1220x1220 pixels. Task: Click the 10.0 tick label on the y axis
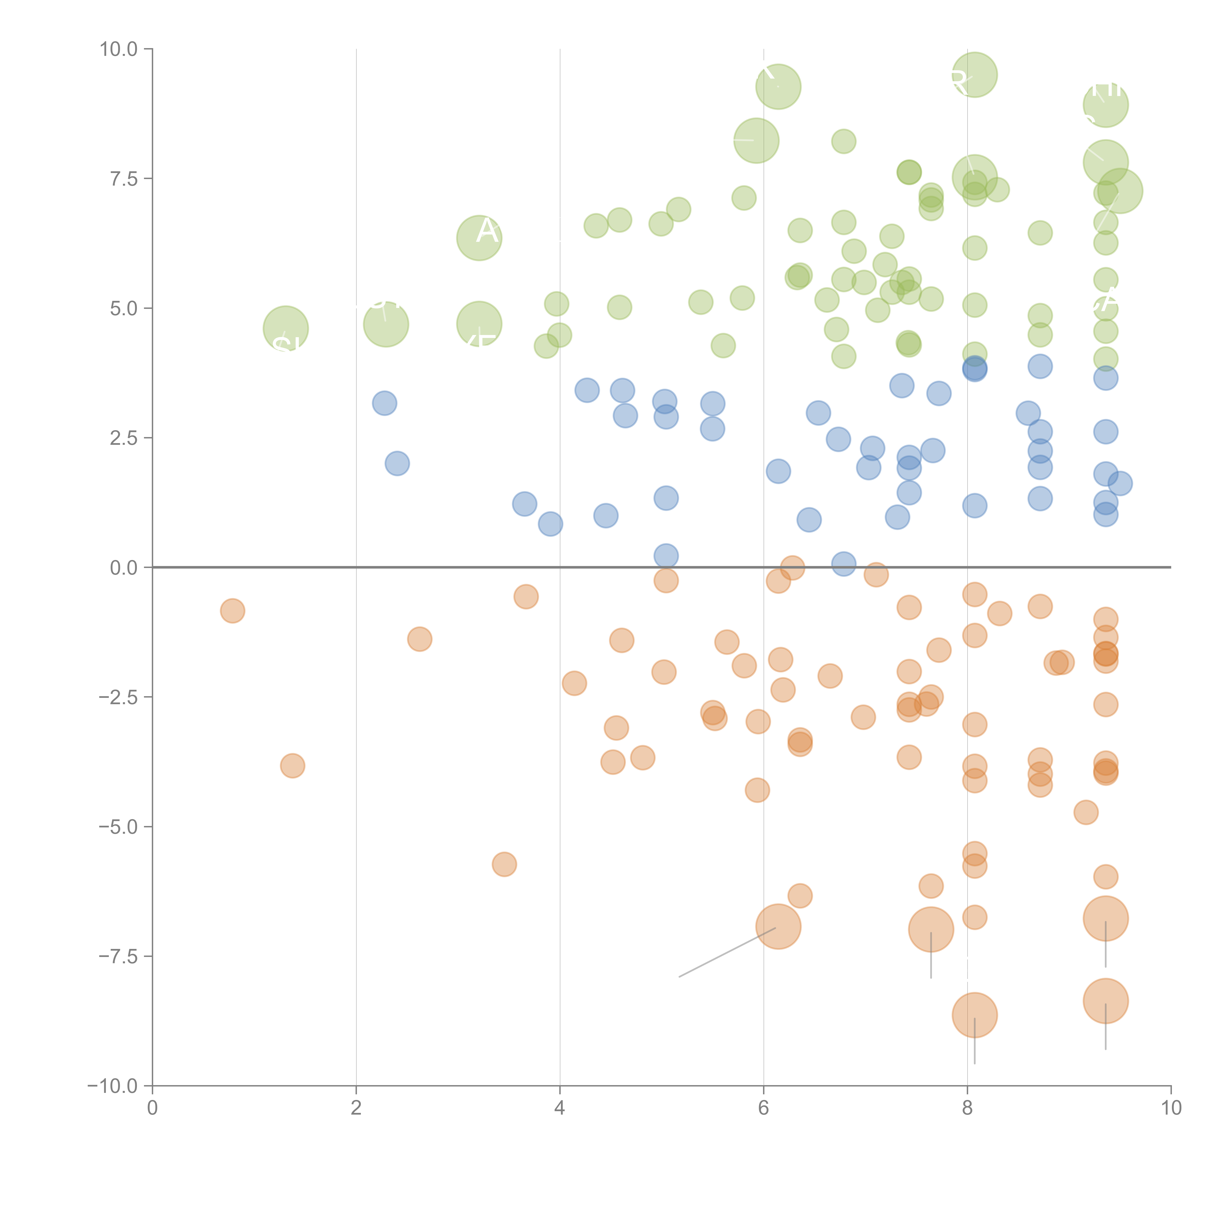pos(119,49)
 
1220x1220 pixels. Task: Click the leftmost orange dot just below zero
pos(232,611)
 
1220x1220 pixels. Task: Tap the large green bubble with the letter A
pos(479,237)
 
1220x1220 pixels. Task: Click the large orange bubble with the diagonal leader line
pos(778,926)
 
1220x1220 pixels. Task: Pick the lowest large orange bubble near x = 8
pos(974,1015)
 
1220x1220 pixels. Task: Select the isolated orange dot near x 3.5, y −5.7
pos(504,864)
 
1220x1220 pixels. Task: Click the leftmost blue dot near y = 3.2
pos(384,403)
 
